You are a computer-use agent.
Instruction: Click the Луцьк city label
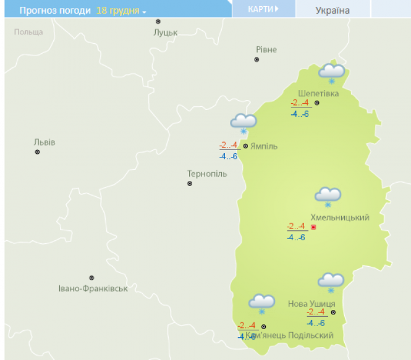click(x=165, y=32)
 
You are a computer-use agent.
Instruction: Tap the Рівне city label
click(x=266, y=49)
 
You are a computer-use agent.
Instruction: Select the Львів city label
click(x=44, y=142)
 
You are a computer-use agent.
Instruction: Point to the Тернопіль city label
click(x=207, y=174)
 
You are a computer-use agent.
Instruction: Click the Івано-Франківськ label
click(x=93, y=288)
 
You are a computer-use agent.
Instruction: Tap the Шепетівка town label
click(x=318, y=93)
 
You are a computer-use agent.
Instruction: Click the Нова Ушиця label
click(x=311, y=304)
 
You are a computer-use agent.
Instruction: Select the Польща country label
click(x=28, y=31)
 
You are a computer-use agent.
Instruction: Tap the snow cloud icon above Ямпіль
click(x=244, y=123)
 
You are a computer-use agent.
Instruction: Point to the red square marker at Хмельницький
click(x=313, y=227)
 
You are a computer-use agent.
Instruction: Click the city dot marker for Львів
click(x=37, y=152)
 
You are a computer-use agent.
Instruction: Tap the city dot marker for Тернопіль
click(x=190, y=183)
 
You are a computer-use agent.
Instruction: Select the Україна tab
click(x=333, y=10)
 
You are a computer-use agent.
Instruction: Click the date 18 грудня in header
click(x=121, y=11)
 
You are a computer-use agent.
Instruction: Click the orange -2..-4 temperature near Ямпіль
click(x=229, y=146)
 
